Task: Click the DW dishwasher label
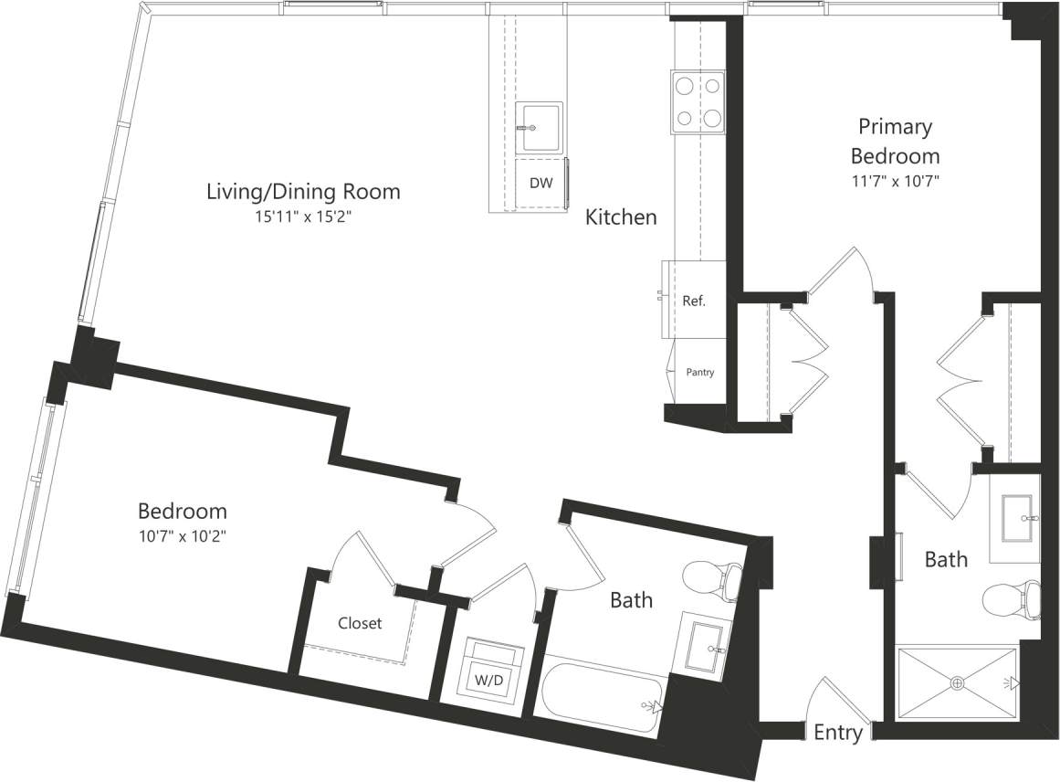(540, 183)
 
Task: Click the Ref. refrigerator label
(694, 300)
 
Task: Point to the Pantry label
(700, 372)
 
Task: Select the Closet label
(360, 623)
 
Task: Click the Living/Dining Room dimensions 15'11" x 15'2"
(302, 217)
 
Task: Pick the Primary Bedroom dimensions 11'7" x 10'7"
(894, 181)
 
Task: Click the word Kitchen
(621, 217)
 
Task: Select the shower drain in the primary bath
(958, 682)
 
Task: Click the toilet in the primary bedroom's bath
(1013, 601)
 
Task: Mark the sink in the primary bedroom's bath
(1015, 517)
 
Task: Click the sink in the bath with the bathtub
(705, 643)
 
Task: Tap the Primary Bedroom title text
(894, 141)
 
